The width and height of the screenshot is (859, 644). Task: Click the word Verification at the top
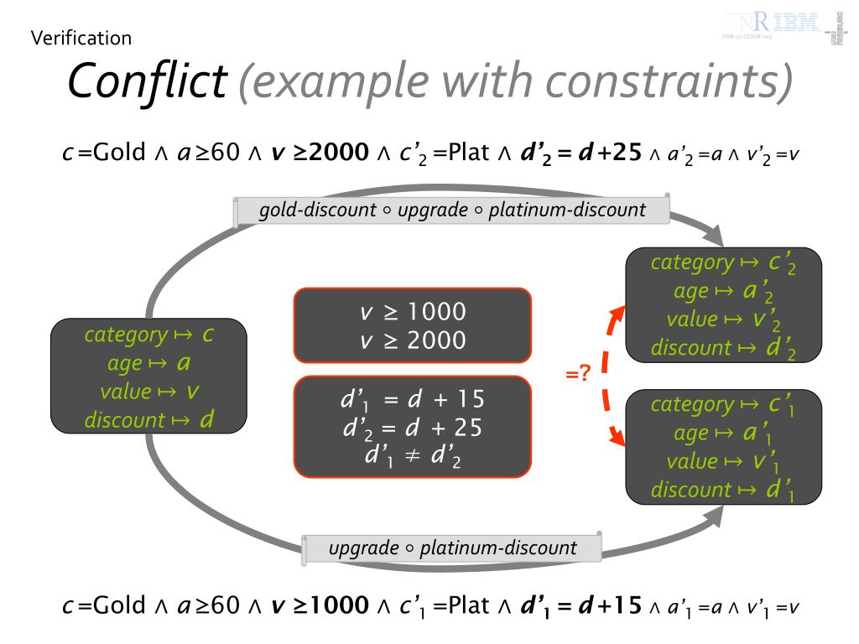81,38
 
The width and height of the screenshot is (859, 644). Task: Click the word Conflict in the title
147,80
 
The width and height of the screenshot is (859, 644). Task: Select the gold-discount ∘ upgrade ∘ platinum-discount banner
453,210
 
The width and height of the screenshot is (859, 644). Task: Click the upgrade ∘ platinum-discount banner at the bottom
453,548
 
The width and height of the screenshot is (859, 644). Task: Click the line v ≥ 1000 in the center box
412,313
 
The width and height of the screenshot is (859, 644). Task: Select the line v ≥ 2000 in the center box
412,340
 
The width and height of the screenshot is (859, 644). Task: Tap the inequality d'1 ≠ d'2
412,456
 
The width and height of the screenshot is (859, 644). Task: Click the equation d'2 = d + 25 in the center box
412,428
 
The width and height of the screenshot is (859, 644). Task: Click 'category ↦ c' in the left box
149,335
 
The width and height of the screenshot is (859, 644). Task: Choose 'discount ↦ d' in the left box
149,419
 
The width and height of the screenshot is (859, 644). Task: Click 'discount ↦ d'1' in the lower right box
723,490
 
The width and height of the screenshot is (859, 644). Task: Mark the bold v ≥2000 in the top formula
320,153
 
